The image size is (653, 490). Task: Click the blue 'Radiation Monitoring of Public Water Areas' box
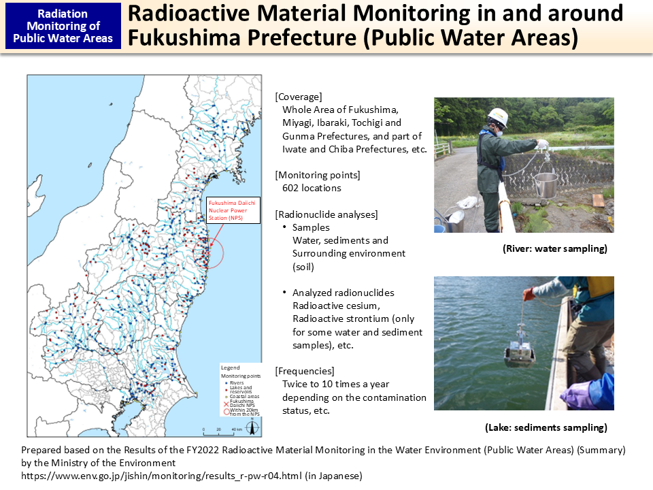[63, 26]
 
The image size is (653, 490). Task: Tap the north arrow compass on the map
[252, 428]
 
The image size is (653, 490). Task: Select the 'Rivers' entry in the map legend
[237, 383]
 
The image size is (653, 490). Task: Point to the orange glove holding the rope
[529, 294]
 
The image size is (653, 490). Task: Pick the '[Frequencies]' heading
[305, 372]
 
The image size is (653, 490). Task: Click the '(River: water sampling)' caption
[554, 249]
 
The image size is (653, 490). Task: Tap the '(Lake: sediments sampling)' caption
[546, 428]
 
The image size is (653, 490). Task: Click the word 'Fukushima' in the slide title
[183, 38]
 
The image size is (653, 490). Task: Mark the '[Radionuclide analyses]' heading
[326, 214]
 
